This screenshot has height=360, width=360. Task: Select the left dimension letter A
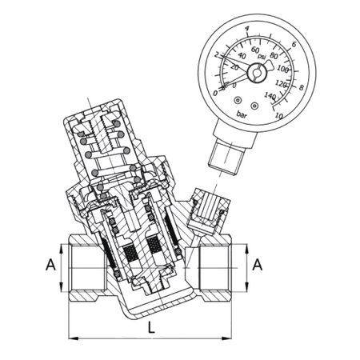coord(50,265)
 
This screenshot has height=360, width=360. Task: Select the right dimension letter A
coord(258,265)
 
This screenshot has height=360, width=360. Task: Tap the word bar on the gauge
coord(242,114)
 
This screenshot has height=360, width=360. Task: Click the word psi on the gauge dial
coord(262,56)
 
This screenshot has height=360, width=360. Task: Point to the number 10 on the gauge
coord(279,116)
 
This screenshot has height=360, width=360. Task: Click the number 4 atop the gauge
coord(247,28)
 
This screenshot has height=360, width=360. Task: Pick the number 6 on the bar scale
coord(294,44)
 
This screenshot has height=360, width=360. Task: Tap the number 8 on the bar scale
coord(302,87)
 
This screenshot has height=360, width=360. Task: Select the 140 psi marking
coord(270,95)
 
